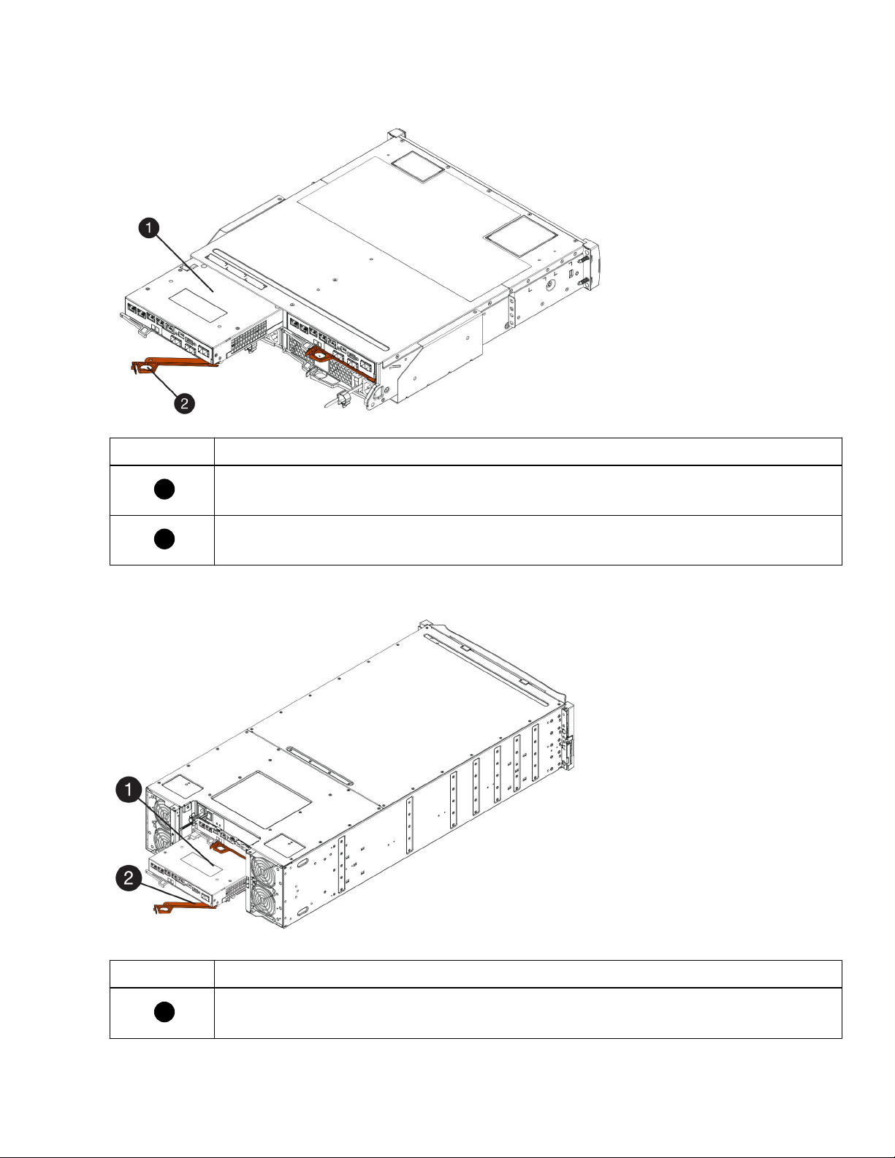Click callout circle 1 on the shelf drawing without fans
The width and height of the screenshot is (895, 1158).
pos(148,228)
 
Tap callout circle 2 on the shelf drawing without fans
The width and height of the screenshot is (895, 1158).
pos(184,403)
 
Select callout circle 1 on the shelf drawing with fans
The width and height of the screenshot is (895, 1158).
pos(129,790)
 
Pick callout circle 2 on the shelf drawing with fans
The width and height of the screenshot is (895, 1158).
pos(129,877)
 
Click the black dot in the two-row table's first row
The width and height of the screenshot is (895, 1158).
pos(164,490)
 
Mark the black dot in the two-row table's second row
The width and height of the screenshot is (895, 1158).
pos(164,538)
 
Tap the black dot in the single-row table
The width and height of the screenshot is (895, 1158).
pos(164,1012)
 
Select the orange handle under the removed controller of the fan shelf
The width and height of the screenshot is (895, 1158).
pos(184,907)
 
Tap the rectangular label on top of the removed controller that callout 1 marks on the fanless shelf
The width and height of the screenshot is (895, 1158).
pos(198,305)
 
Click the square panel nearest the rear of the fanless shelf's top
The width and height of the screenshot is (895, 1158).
pos(419,167)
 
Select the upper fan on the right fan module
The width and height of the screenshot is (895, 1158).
pos(262,869)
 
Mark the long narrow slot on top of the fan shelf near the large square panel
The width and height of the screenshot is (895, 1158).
pos(319,765)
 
